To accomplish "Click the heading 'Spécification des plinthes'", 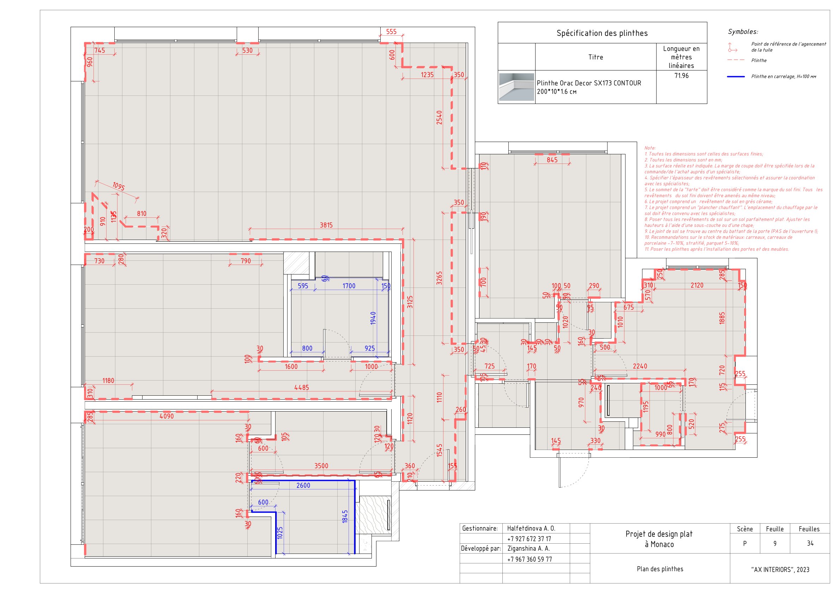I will click(x=602, y=33).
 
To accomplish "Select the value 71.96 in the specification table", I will click(x=681, y=76).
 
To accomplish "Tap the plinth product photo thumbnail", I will click(x=516, y=87).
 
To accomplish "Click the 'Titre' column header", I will click(x=596, y=57).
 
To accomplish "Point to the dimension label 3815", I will click(x=326, y=225).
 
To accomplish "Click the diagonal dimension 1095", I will click(x=119, y=186).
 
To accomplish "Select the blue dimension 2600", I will click(x=303, y=485).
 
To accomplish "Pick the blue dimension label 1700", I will click(x=349, y=286).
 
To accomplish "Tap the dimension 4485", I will click(x=302, y=387).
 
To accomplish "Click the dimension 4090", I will click(x=167, y=416).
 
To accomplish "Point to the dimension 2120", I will click(x=696, y=285).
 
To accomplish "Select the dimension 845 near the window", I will click(x=552, y=160).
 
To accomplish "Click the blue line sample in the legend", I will click(x=736, y=77).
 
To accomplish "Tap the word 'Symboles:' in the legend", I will click(x=743, y=32).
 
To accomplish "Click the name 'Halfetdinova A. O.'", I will click(x=531, y=528).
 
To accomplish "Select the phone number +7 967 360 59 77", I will click(x=530, y=559).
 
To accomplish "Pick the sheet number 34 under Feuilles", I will click(x=810, y=543).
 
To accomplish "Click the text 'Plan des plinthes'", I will click(x=660, y=569).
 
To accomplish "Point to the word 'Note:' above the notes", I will click(x=650, y=148).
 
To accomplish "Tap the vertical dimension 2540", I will click(x=439, y=118).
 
